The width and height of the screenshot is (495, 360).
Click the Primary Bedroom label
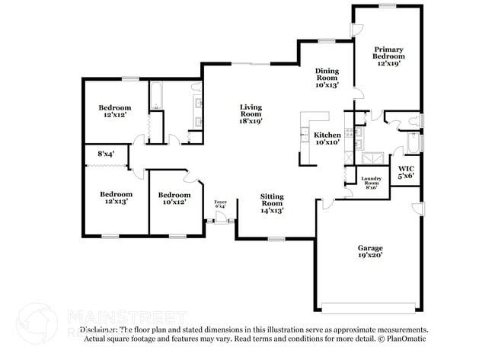coord(388,56)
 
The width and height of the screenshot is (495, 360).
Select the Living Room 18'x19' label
coord(251,113)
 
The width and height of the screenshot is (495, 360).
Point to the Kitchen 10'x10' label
coord(327,139)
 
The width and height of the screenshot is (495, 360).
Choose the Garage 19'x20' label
coord(371,252)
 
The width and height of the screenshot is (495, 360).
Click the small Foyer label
coord(221,204)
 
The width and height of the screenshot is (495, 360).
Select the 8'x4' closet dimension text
coord(105,155)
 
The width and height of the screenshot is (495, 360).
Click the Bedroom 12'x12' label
coord(114,112)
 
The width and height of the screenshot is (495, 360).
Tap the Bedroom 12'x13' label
coord(116,198)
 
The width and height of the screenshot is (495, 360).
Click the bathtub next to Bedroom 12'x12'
coord(155,95)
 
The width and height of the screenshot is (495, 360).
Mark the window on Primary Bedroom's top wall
coord(387,6)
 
